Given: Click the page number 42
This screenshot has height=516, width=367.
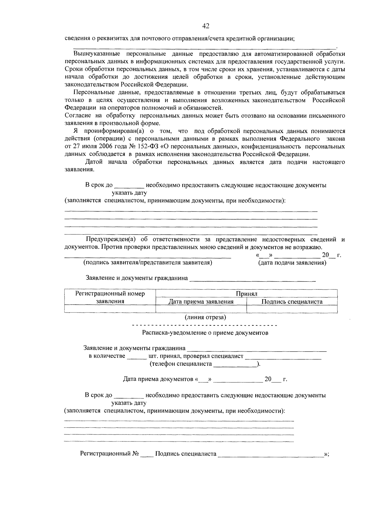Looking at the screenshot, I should point(206,26).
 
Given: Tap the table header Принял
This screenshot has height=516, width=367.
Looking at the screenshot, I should point(247,294).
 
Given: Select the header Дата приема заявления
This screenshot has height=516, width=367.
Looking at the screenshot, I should point(201,302).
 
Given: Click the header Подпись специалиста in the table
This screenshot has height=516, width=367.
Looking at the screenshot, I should point(292,302).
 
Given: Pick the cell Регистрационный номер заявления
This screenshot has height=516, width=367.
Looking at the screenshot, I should point(110,297).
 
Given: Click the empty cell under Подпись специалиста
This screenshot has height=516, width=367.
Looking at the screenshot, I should point(292,309).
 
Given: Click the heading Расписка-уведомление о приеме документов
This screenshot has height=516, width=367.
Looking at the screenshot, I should point(205,333).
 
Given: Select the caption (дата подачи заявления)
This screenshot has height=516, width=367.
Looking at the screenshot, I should point(292,263).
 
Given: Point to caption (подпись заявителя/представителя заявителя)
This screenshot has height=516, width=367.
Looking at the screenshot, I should point(148,263).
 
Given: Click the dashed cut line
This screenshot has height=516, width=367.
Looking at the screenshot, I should point(204,325).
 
